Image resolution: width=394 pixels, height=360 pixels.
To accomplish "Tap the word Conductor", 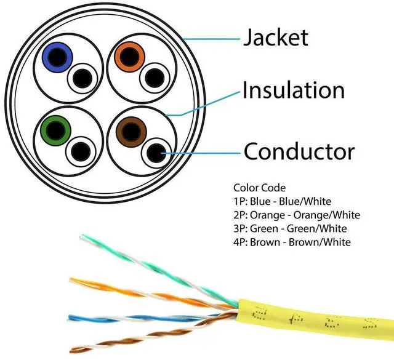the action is click(x=299, y=151).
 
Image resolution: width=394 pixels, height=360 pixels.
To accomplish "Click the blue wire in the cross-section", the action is click(x=57, y=58).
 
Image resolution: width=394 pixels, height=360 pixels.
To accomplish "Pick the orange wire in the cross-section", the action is click(x=129, y=57).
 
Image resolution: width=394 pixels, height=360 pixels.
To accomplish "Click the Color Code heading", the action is click(x=259, y=187).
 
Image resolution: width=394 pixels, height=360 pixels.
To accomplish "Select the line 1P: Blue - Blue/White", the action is click(x=282, y=201).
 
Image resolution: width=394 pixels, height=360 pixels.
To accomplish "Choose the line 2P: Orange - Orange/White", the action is click(x=297, y=215).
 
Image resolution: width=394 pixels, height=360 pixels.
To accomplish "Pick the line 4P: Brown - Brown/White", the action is click(x=292, y=242).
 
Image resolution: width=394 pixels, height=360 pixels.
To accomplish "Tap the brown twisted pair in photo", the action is click(x=135, y=335).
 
